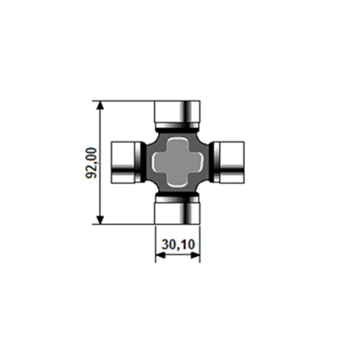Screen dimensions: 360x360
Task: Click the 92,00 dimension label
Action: tap(91, 162)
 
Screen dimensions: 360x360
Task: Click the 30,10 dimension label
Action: tap(178, 244)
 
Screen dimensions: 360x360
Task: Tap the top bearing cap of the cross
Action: tap(177, 114)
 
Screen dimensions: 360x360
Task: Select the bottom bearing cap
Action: tap(177, 210)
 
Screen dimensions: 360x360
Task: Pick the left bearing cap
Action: tap(126, 162)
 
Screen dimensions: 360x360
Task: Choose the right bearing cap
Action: tap(229, 162)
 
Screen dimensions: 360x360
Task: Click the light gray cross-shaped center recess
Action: tap(177, 162)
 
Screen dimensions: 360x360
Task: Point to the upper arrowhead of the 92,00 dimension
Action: tap(100, 106)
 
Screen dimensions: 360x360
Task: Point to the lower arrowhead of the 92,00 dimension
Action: tap(100, 220)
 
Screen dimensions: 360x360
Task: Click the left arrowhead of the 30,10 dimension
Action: tap(161, 255)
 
